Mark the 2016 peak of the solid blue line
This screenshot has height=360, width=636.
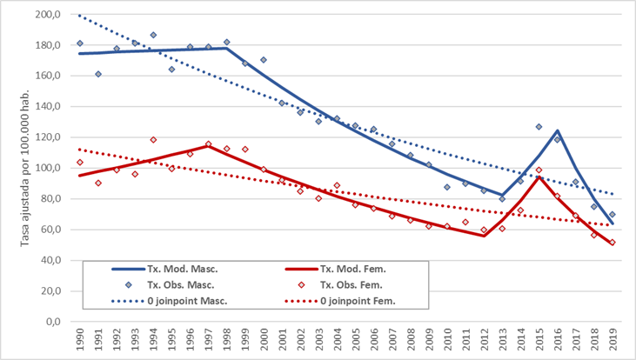pos(557,131)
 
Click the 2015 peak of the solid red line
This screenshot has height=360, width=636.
pos(539,177)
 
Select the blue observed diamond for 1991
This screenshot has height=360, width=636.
pos(98,74)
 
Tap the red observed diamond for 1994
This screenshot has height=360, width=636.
pos(153,139)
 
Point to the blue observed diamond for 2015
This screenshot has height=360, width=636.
pos(539,127)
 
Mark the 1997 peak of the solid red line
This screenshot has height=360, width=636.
pos(208,145)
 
